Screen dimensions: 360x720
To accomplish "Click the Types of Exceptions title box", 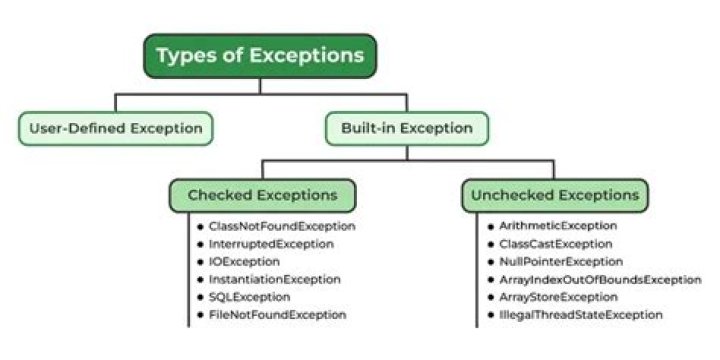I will click(x=260, y=55).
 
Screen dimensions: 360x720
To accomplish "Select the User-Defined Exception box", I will click(x=116, y=128).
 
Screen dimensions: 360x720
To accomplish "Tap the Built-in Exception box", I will click(x=407, y=128).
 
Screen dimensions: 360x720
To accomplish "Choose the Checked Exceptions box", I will click(x=262, y=195).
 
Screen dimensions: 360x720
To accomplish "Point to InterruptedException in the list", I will click(x=271, y=243).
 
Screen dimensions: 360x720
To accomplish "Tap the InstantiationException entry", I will click(x=275, y=279).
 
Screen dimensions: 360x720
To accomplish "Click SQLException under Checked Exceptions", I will click(x=250, y=297).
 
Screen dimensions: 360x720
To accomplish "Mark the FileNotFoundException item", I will click(x=278, y=315).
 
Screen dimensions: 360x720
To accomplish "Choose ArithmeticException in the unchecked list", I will click(x=559, y=226).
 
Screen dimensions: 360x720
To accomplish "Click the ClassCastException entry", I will click(x=557, y=243).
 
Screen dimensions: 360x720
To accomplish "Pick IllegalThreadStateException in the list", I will click(x=581, y=315).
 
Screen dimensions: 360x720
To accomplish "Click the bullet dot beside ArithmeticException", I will click(x=490, y=227).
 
